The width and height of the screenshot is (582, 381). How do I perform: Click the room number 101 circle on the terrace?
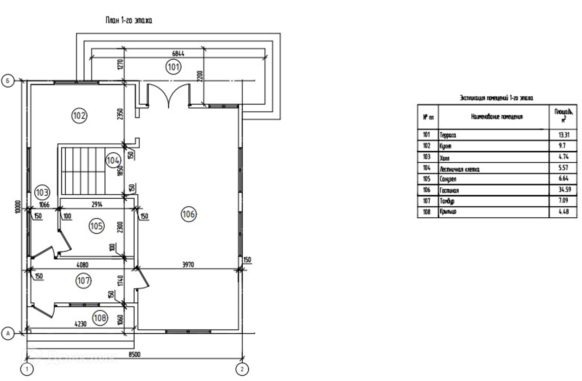(x=173, y=67)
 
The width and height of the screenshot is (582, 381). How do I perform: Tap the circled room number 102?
(x=79, y=115)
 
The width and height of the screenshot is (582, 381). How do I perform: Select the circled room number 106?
(x=189, y=214)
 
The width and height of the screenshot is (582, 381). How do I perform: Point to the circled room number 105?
(x=96, y=225)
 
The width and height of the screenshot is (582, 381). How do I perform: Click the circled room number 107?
(x=84, y=281)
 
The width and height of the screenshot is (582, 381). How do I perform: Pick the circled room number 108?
(x=100, y=318)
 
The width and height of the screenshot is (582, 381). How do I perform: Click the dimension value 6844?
(x=178, y=54)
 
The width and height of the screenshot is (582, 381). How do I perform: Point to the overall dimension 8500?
(x=134, y=354)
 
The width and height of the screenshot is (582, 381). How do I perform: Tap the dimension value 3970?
(x=188, y=265)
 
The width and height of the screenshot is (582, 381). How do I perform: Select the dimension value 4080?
(x=82, y=265)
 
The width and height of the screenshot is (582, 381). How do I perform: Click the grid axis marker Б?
(x=8, y=81)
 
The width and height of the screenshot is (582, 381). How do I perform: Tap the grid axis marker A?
(x=8, y=333)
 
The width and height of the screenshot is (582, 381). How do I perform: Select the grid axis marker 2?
(x=242, y=369)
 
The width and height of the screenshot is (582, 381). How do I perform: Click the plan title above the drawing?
(x=129, y=20)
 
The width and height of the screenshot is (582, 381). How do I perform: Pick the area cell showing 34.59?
(x=565, y=190)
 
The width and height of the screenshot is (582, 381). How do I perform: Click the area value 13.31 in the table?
(x=564, y=135)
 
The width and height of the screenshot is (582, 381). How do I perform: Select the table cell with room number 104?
(x=427, y=168)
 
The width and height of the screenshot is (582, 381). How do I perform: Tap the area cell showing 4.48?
(x=564, y=212)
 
